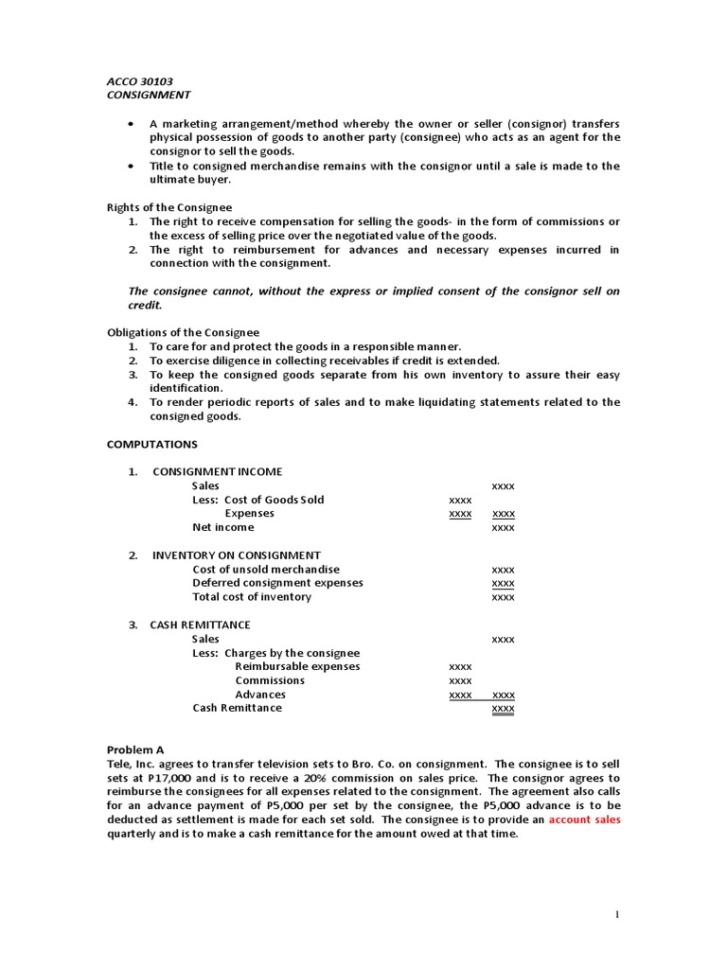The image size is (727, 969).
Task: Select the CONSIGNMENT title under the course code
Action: (x=148, y=95)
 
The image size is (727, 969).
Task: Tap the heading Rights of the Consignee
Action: (x=168, y=207)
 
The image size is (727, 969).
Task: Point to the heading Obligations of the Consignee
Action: (x=183, y=332)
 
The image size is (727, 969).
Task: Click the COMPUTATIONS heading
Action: (x=152, y=444)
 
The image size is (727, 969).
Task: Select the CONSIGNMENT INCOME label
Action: (x=217, y=471)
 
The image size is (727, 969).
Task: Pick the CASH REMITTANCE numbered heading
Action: (x=200, y=625)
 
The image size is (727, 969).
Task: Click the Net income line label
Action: (x=223, y=527)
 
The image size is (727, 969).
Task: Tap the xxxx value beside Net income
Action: (x=503, y=528)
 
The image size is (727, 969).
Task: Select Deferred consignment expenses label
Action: (x=277, y=583)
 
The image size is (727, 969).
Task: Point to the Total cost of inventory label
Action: (x=252, y=597)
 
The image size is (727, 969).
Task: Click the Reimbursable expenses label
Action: (x=297, y=666)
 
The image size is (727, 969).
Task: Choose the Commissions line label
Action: (x=270, y=680)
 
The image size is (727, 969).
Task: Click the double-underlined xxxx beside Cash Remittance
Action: (x=503, y=709)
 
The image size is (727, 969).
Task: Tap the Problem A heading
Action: (x=135, y=749)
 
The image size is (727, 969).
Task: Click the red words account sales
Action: (x=584, y=819)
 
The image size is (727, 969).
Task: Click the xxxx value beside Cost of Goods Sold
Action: (x=460, y=500)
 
